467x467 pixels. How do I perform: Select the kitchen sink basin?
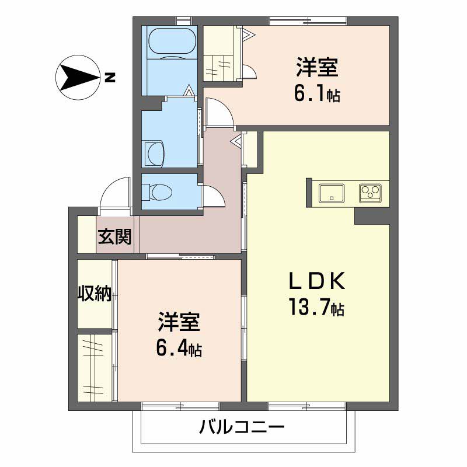[332, 193]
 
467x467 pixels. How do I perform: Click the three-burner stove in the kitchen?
[370, 193]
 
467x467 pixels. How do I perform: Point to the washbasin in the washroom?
[154, 153]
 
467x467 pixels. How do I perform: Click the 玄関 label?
[114, 236]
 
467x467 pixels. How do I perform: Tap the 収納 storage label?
[95, 294]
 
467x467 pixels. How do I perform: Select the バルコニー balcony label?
[242, 427]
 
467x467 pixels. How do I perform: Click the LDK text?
[317, 281]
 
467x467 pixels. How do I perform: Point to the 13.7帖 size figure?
[316, 307]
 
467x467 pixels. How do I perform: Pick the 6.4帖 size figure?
[179, 347]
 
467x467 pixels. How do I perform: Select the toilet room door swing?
[214, 195]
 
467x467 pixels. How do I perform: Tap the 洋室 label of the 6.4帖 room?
[179, 322]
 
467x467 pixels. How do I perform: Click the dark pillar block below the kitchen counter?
[372, 216]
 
